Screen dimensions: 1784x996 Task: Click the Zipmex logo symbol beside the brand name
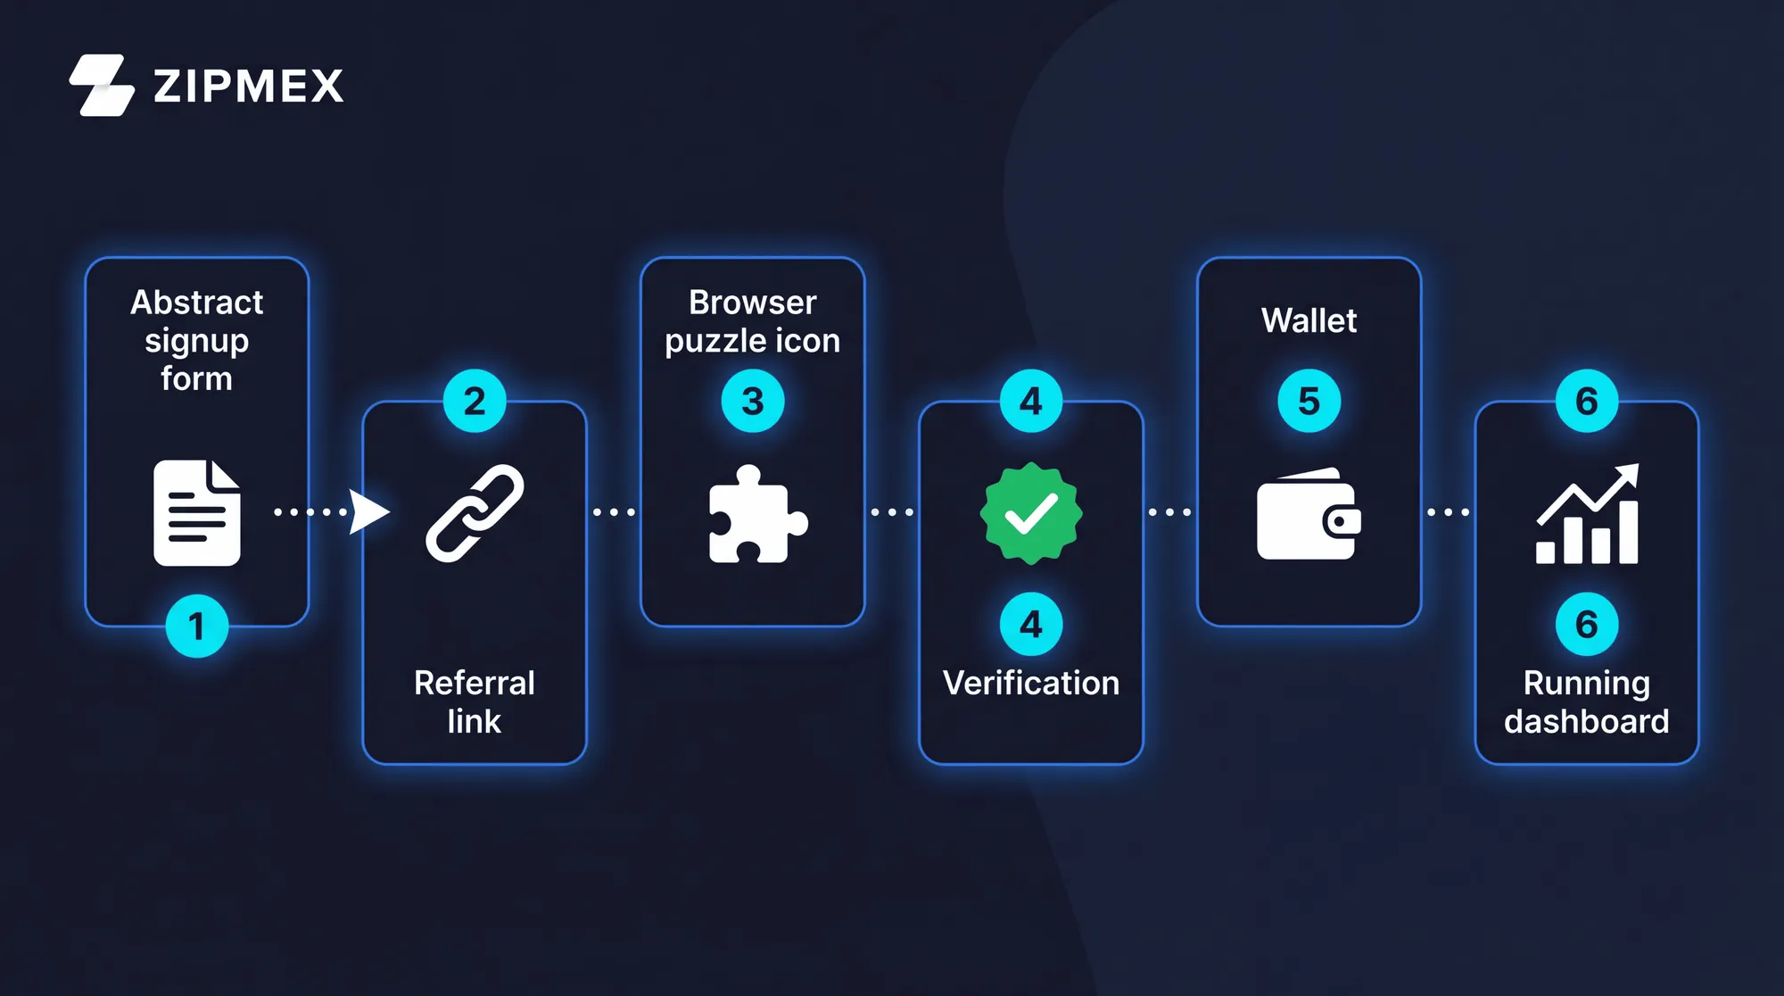[102, 86]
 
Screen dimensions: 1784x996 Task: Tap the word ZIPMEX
[249, 87]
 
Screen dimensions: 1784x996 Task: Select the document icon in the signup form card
[197, 512]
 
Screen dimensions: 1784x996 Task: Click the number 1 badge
[197, 626]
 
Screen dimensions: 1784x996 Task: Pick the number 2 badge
[475, 401]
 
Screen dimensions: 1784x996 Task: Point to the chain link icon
[475, 513]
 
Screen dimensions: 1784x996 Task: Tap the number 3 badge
[753, 401]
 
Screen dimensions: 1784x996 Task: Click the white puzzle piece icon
[758, 514]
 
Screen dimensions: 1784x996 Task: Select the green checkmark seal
[1031, 513]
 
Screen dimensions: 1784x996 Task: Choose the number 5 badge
[1309, 401]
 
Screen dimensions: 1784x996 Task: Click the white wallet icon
[1309, 514]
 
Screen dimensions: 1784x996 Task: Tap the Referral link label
[475, 701]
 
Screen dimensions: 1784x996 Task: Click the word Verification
[1031, 683]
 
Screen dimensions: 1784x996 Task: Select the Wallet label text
[1309, 320]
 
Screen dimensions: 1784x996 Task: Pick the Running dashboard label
[1587, 701]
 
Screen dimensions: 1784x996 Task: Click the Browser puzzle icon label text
[753, 321]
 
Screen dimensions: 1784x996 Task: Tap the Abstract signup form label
[197, 340]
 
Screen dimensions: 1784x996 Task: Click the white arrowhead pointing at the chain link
[369, 512]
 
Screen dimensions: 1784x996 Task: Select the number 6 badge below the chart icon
[1587, 624]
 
